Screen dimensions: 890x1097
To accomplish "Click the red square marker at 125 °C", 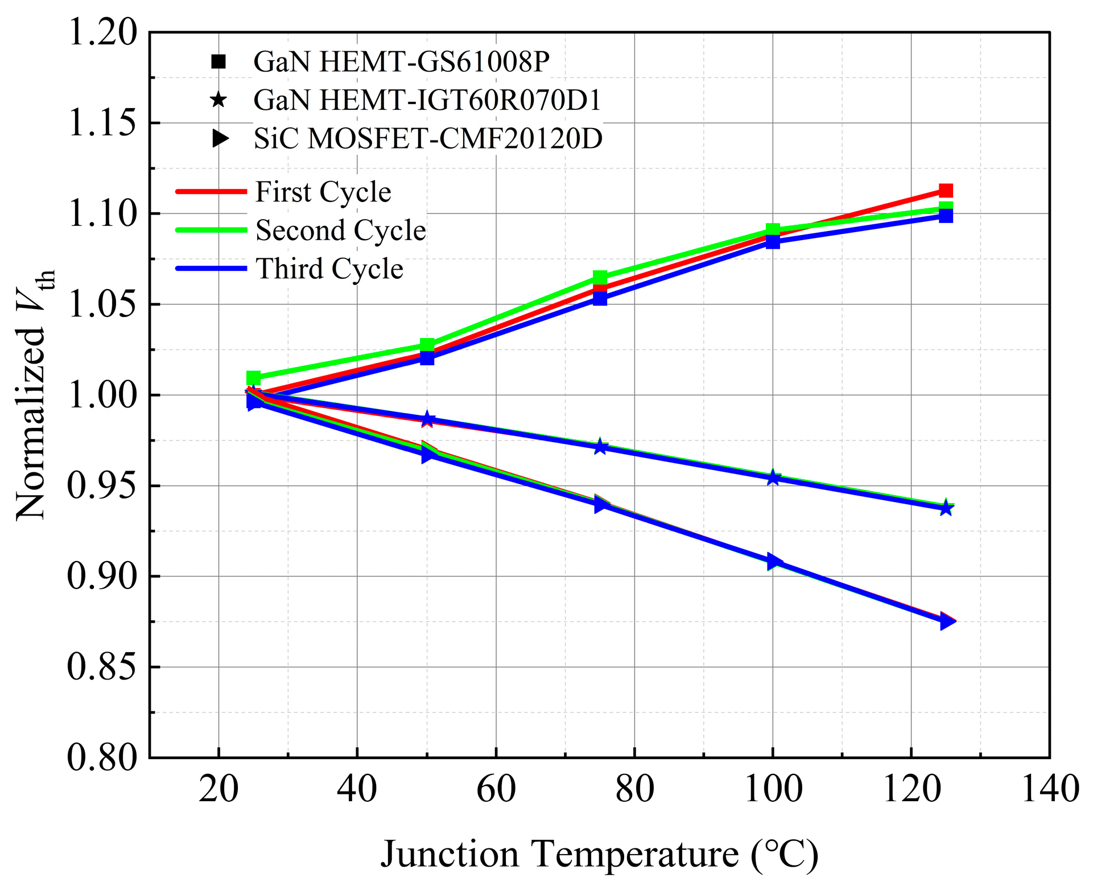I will click(946, 190).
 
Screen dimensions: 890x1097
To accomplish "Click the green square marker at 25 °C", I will click(253, 378).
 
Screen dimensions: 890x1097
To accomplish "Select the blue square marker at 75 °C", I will click(600, 298).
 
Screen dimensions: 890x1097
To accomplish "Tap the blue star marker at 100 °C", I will click(773, 478).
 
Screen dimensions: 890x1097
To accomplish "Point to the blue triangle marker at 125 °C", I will click(947, 621).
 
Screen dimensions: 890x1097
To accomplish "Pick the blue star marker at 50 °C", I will click(427, 420).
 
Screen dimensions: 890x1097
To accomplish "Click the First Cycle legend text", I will click(323, 192).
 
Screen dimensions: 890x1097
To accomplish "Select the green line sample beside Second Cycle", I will click(211, 230).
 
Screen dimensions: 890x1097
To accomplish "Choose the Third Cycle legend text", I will click(329, 269).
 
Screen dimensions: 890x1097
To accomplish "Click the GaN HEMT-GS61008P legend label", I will click(401, 61).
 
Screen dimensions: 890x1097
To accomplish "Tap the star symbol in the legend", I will click(218, 100).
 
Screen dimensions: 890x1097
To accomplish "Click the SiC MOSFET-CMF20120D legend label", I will click(428, 138).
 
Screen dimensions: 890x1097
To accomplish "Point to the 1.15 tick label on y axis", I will click(103, 123).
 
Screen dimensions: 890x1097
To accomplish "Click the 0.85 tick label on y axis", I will click(103, 667).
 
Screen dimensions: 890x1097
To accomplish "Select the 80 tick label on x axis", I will click(634, 790).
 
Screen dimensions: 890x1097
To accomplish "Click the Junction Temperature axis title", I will click(600, 855).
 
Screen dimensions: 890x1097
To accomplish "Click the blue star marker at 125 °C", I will click(946, 508).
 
